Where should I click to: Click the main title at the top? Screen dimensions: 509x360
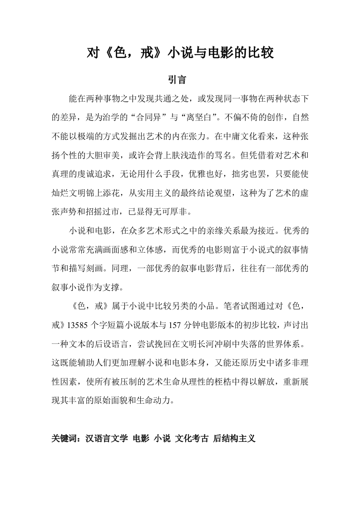point(180,54)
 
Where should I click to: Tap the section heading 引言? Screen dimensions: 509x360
point(180,80)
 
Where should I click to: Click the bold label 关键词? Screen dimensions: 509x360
point(66,439)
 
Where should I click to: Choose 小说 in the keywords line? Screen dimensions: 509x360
point(162,439)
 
